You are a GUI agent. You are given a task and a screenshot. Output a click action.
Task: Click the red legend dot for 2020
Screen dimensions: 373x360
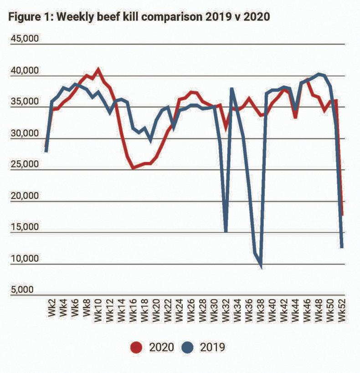136,347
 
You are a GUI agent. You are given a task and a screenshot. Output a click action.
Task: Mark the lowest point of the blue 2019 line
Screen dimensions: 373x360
261,267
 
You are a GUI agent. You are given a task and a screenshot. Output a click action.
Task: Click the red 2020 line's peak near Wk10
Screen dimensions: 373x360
98,70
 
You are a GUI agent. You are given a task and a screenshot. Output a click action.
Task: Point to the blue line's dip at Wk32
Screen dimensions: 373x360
226,231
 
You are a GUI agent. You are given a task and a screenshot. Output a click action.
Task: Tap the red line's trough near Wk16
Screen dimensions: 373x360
133,168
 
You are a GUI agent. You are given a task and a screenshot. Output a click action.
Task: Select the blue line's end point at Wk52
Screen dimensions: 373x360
342,247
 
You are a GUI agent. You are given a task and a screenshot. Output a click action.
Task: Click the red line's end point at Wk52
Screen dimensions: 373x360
343,215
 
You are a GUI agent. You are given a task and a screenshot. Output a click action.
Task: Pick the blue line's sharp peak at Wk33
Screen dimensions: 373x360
231,88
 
